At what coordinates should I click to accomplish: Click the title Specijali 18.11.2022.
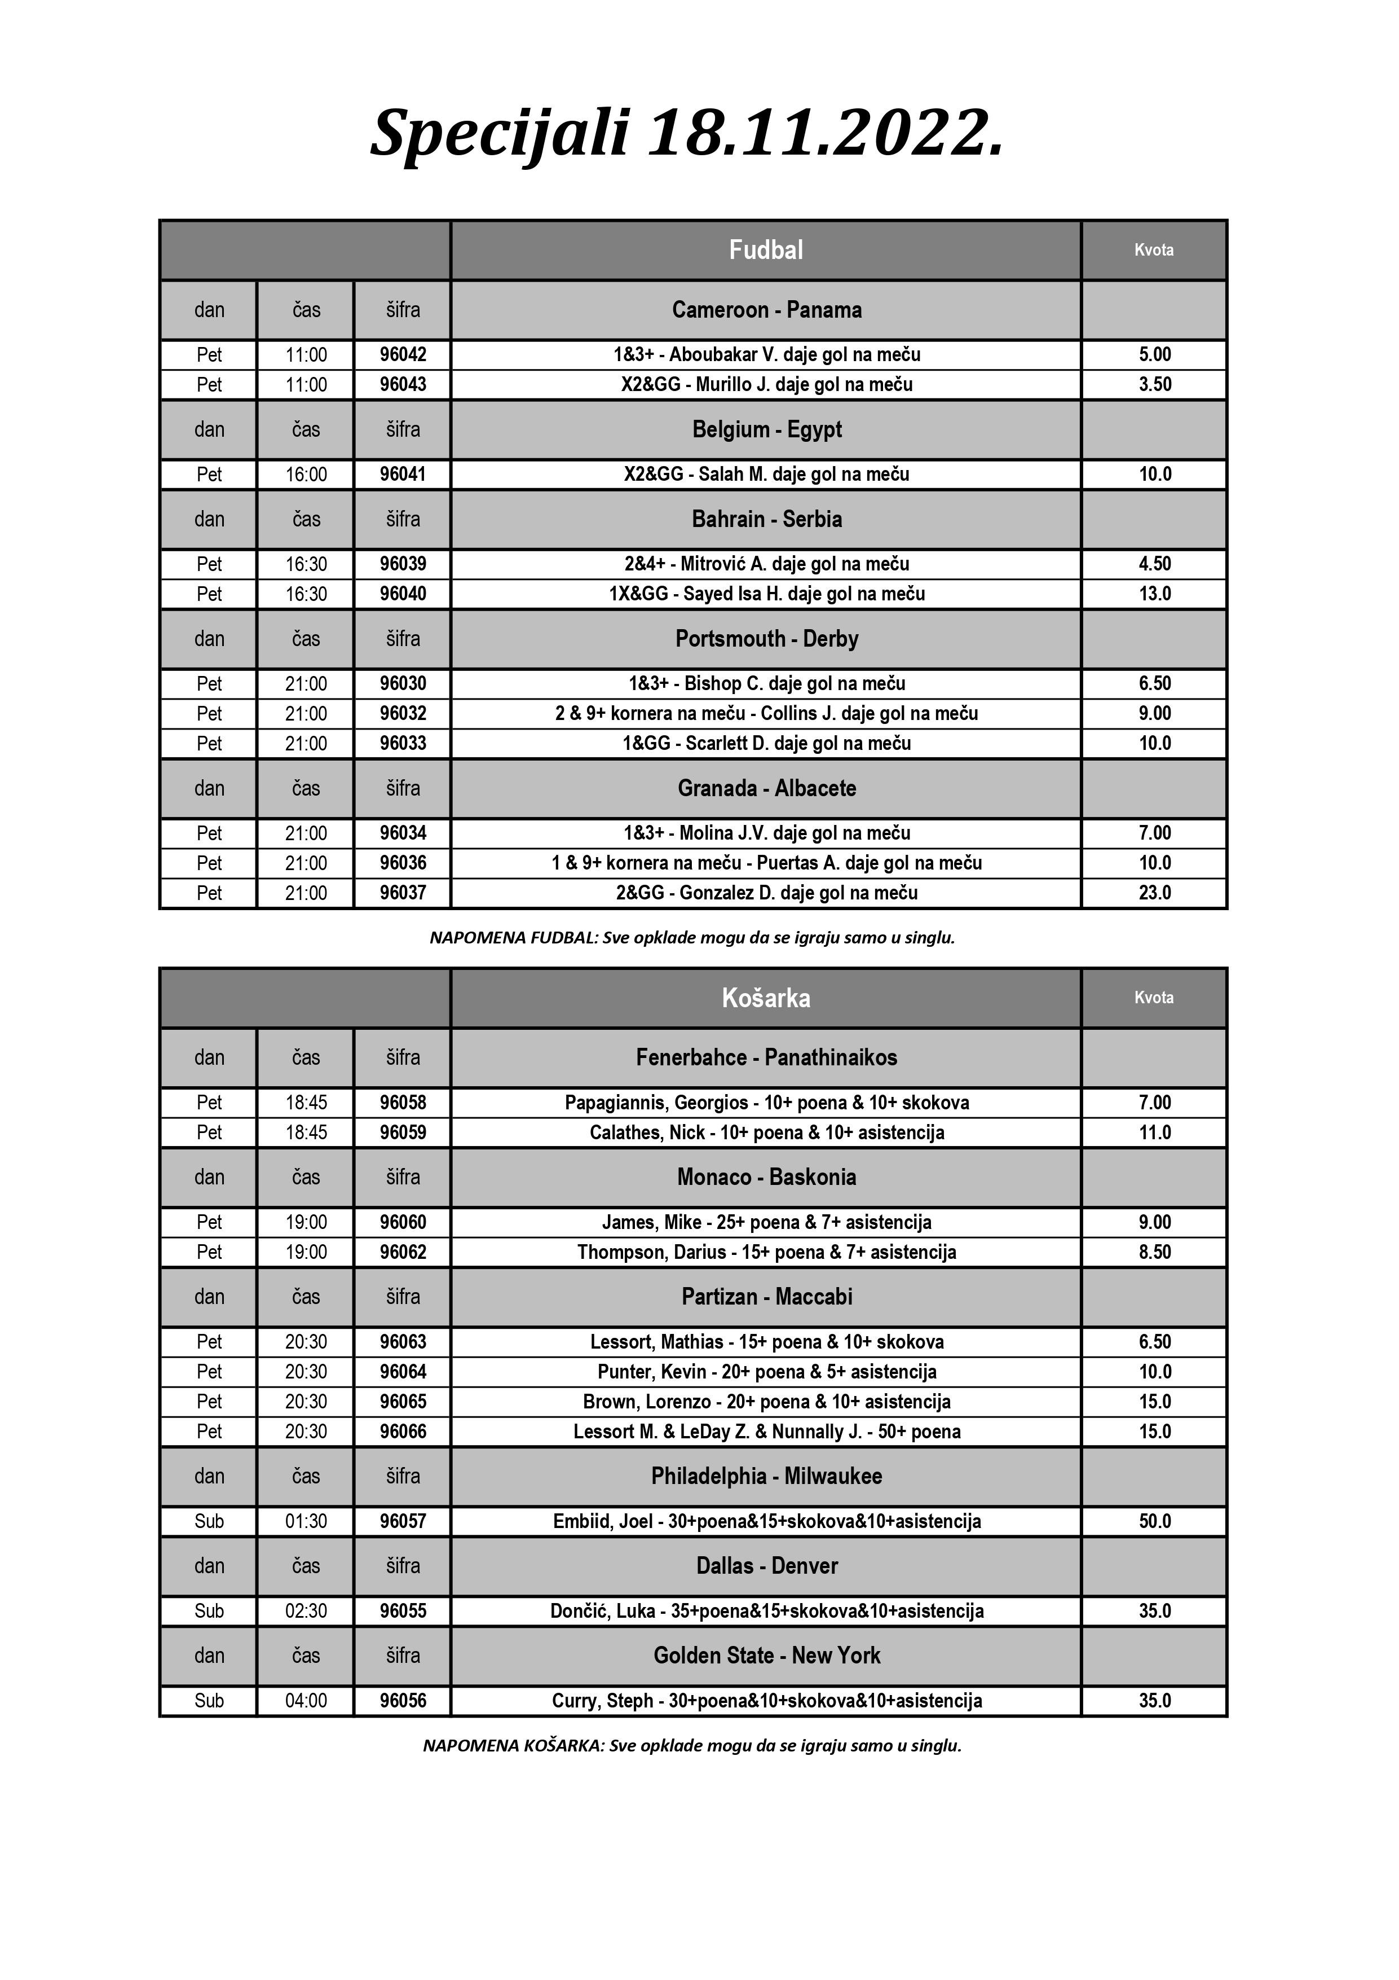tap(687, 133)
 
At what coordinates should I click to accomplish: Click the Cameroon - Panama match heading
tap(766, 310)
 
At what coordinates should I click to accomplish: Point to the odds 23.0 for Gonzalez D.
tap(1154, 893)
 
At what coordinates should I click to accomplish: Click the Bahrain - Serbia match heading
tap(766, 519)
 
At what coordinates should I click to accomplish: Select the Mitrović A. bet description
tap(766, 564)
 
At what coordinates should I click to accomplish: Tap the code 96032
tap(403, 713)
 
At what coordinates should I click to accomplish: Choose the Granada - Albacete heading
tap(766, 788)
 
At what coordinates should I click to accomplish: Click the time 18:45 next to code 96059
tap(306, 1132)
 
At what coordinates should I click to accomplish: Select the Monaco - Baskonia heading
tap(766, 1177)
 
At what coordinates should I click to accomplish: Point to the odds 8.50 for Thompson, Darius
tap(1154, 1252)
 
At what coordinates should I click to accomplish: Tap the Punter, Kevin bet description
tap(766, 1371)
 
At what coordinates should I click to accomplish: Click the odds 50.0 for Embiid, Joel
tap(1154, 1521)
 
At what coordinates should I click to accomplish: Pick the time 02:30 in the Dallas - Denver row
tap(306, 1611)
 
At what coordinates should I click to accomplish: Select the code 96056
tap(403, 1701)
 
